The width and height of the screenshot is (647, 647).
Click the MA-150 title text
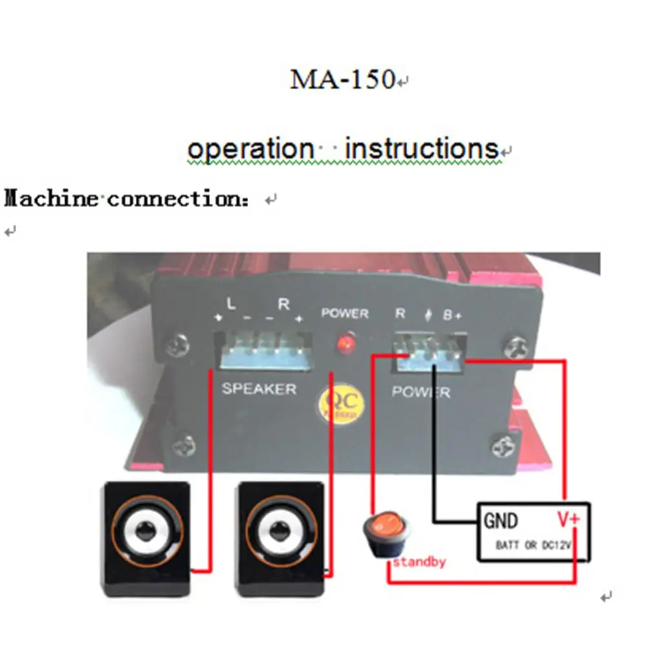click(343, 80)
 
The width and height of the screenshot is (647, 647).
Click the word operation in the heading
click(249, 149)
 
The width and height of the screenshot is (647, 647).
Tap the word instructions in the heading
click(422, 149)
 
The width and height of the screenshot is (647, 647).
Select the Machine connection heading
click(125, 198)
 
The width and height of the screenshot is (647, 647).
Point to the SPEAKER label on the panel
click(259, 389)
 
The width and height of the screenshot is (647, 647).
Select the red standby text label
click(419, 562)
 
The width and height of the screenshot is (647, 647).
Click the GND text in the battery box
click(501, 520)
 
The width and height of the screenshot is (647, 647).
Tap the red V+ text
click(569, 519)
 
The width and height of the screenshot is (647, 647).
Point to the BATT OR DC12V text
click(534, 546)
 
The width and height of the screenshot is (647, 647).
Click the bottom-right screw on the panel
click(504, 446)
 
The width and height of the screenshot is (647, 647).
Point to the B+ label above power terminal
click(452, 315)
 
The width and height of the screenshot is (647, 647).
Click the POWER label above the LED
click(345, 313)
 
